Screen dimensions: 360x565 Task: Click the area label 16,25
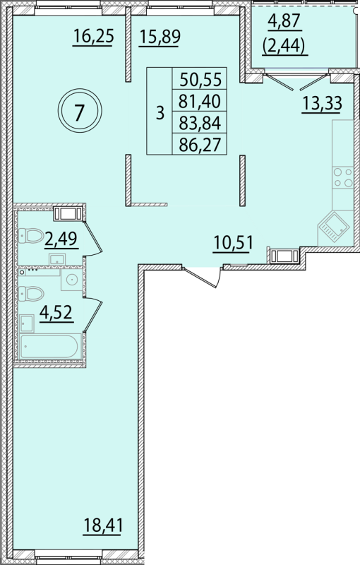(94, 37)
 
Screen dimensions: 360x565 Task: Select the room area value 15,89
(160, 37)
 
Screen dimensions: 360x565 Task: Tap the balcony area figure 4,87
(284, 21)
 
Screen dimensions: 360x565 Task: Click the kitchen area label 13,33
(321, 103)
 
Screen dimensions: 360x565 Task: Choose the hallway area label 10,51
(233, 242)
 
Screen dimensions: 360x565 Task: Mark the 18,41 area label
(103, 525)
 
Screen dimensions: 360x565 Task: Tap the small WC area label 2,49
(61, 238)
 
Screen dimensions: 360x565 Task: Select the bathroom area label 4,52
(56, 312)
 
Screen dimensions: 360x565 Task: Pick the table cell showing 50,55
(200, 78)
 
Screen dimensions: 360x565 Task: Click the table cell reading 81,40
(200, 101)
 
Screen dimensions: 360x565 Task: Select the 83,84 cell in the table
(200, 123)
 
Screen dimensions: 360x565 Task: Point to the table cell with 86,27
(200, 145)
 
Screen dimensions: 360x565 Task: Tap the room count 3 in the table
(160, 112)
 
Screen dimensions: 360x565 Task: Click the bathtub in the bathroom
(49, 347)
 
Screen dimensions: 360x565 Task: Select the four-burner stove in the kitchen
(343, 178)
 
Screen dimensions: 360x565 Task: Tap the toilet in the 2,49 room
(31, 236)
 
